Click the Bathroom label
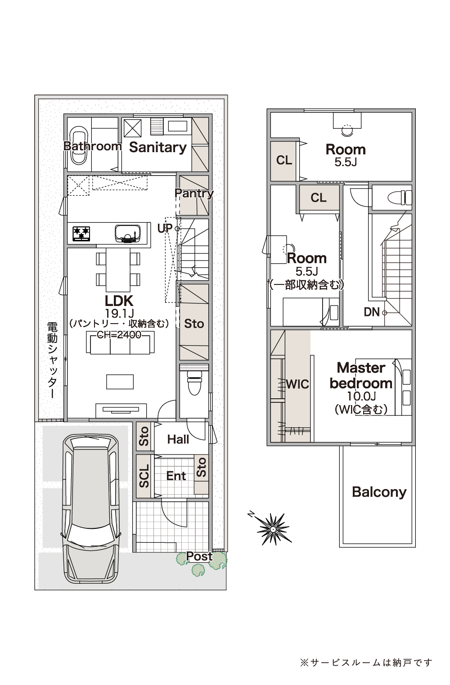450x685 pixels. pyautogui.click(x=93, y=146)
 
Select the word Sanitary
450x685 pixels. pyautogui.click(x=158, y=148)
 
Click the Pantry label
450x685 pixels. pyautogui.click(x=194, y=194)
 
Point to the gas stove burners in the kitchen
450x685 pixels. pyautogui.click(x=81, y=234)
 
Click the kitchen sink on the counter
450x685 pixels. pyautogui.click(x=128, y=234)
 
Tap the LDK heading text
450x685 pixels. pyautogui.click(x=119, y=301)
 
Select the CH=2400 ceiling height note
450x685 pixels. pyautogui.click(x=119, y=335)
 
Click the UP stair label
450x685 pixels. pyautogui.click(x=165, y=228)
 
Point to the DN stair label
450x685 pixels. pyautogui.click(x=372, y=312)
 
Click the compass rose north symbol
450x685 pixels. pyautogui.click(x=273, y=529)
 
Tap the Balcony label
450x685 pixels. pyautogui.click(x=379, y=492)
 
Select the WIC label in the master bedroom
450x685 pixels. pyautogui.click(x=297, y=384)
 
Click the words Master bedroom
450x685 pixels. pyautogui.click(x=361, y=375)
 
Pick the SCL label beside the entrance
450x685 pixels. pyautogui.click(x=144, y=476)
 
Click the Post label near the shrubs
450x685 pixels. pyautogui.click(x=199, y=556)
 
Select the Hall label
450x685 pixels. pyautogui.click(x=178, y=439)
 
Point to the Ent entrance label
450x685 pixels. pyautogui.click(x=176, y=476)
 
